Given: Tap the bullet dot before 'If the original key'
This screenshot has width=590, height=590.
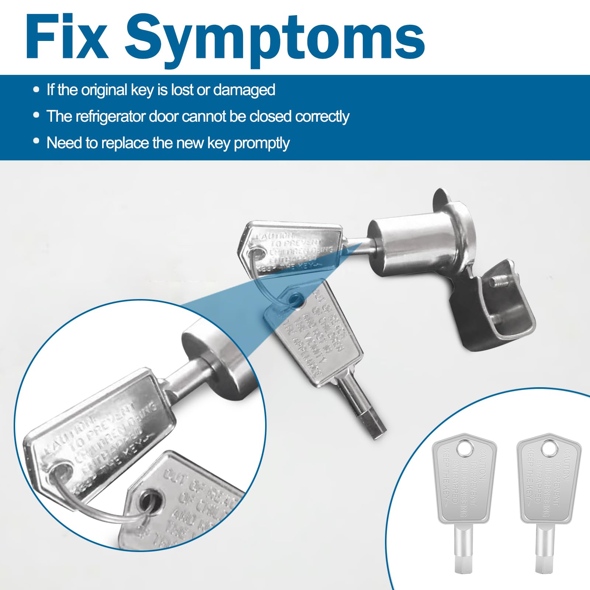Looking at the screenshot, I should point(36,90).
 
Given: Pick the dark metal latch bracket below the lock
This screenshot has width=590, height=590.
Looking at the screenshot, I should point(490,310).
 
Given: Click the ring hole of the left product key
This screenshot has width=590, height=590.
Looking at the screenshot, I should point(465,449).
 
